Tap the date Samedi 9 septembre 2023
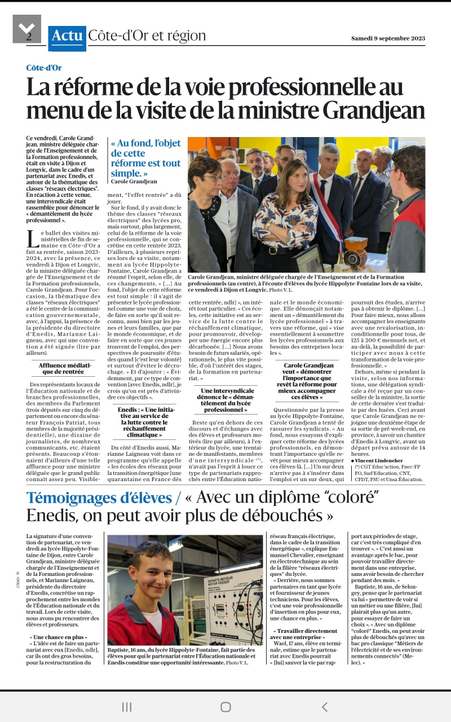click(x=388, y=38)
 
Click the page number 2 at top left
click(x=29, y=37)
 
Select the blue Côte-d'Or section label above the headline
click(x=44, y=68)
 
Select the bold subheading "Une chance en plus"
click(x=59, y=636)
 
